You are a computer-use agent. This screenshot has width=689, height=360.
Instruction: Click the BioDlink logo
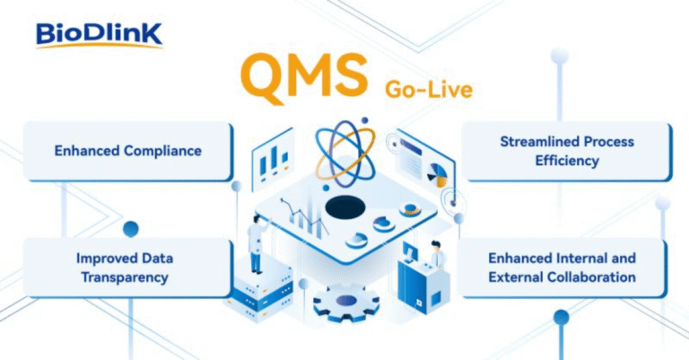click(x=99, y=34)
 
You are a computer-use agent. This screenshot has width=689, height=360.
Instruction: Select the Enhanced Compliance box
click(x=126, y=151)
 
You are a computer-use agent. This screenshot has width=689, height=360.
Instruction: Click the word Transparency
click(x=125, y=277)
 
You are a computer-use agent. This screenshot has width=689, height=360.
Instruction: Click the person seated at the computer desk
click(x=437, y=258)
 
